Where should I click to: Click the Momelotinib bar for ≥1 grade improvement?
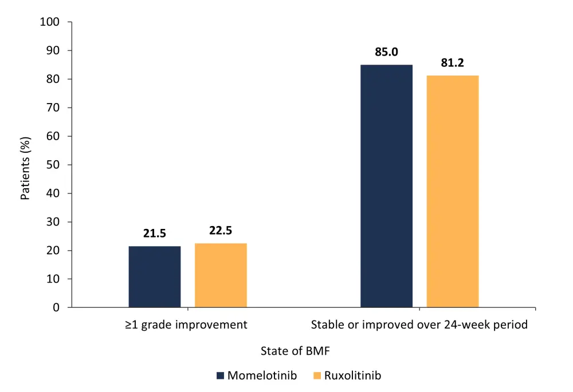pos(155,277)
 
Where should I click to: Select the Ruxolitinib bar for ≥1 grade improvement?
pos(221,275)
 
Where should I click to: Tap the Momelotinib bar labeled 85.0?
pos(386,186)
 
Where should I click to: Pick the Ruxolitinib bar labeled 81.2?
pos(452,192)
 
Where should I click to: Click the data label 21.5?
pos(155,234)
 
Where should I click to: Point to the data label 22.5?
pos(221,231)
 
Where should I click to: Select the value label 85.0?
pos(386,53)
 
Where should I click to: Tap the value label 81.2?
pos(452,64)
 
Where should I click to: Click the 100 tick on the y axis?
pos(49,22)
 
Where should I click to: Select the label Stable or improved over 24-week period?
pos(419,325)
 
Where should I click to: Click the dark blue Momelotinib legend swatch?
pos(220,376)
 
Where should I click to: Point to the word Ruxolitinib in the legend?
pos(352,376)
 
